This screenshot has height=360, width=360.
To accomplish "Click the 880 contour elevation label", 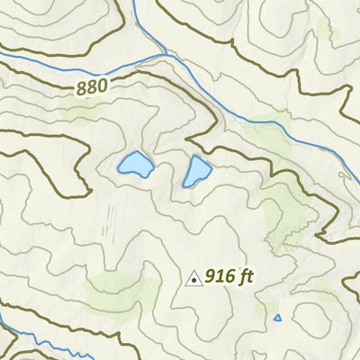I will pos(92,87).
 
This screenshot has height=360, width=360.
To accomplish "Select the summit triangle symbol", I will pos(193,279).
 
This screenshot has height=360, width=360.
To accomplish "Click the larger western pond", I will pos(135,164).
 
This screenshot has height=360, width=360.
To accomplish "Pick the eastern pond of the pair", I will pos(197,170).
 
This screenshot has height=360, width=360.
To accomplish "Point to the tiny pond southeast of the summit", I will pos(277,318).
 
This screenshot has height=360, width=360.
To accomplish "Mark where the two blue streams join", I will pos(166,55).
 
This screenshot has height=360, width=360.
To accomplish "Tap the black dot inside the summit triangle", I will pos(193,281).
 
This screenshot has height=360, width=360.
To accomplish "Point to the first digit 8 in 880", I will pos(82,89).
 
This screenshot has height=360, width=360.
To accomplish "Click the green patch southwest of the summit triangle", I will pos(117,288).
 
